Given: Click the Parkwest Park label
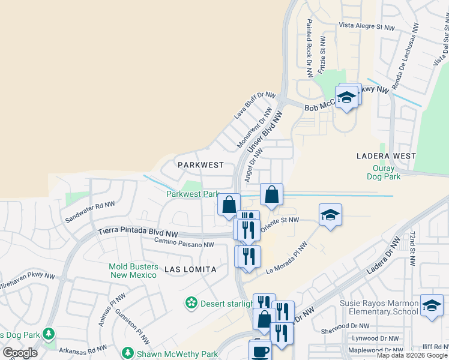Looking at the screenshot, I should (x=193, y=194).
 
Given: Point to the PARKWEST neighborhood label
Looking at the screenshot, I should (x=200, y=164).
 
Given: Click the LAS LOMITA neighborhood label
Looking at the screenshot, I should (x=190, y=270).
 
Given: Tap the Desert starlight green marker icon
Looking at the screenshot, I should (x=191, y=303).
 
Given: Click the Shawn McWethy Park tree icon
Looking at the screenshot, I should (x=127, y=353).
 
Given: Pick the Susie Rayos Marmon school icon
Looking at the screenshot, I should (x=432, y=305).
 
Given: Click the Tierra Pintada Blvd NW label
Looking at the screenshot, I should (x=138, y=232).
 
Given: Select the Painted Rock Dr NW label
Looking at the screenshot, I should (x=310, y=48).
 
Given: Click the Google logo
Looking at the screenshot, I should (x=20, y=353).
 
